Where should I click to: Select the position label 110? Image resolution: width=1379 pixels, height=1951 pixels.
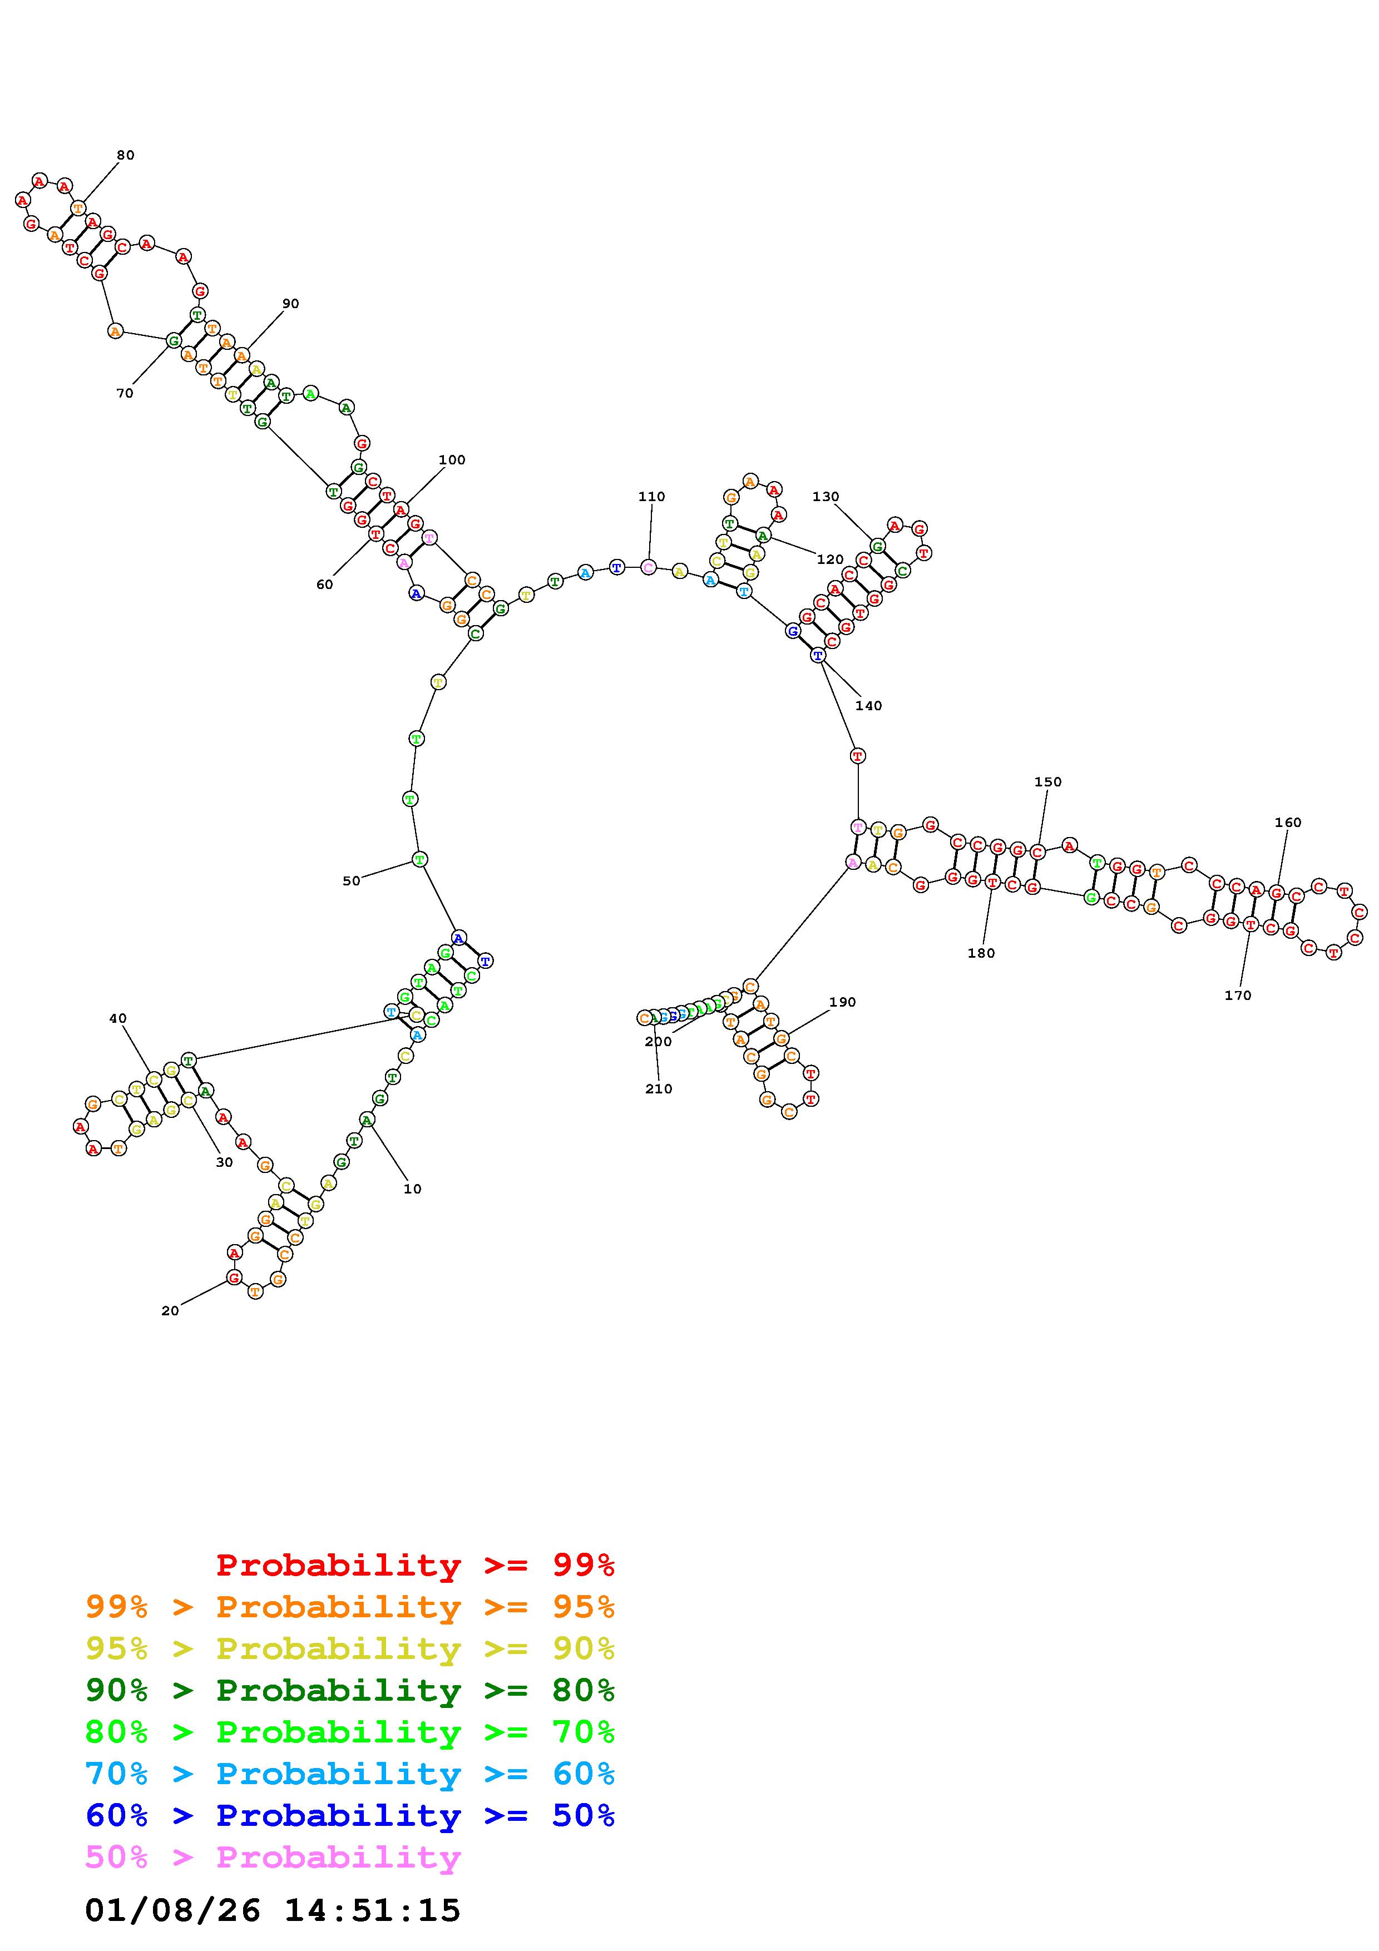652,496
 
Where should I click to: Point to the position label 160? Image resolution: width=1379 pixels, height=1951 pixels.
1288,823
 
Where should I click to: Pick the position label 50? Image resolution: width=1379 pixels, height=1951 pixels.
351,881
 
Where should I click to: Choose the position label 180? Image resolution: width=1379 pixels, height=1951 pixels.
981,953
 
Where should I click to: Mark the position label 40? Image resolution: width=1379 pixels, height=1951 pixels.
117,1018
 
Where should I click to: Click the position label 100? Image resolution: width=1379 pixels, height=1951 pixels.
452,460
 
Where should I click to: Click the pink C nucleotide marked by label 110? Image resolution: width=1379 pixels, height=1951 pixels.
648,567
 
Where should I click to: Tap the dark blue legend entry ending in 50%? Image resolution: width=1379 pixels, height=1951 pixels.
350,1816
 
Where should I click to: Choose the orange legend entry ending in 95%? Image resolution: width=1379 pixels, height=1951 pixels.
350,1607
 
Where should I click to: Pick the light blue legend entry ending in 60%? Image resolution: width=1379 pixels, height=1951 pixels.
350,1774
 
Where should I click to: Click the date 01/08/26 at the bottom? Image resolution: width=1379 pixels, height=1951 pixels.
172,1910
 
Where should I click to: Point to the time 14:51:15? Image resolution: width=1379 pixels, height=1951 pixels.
372,1910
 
